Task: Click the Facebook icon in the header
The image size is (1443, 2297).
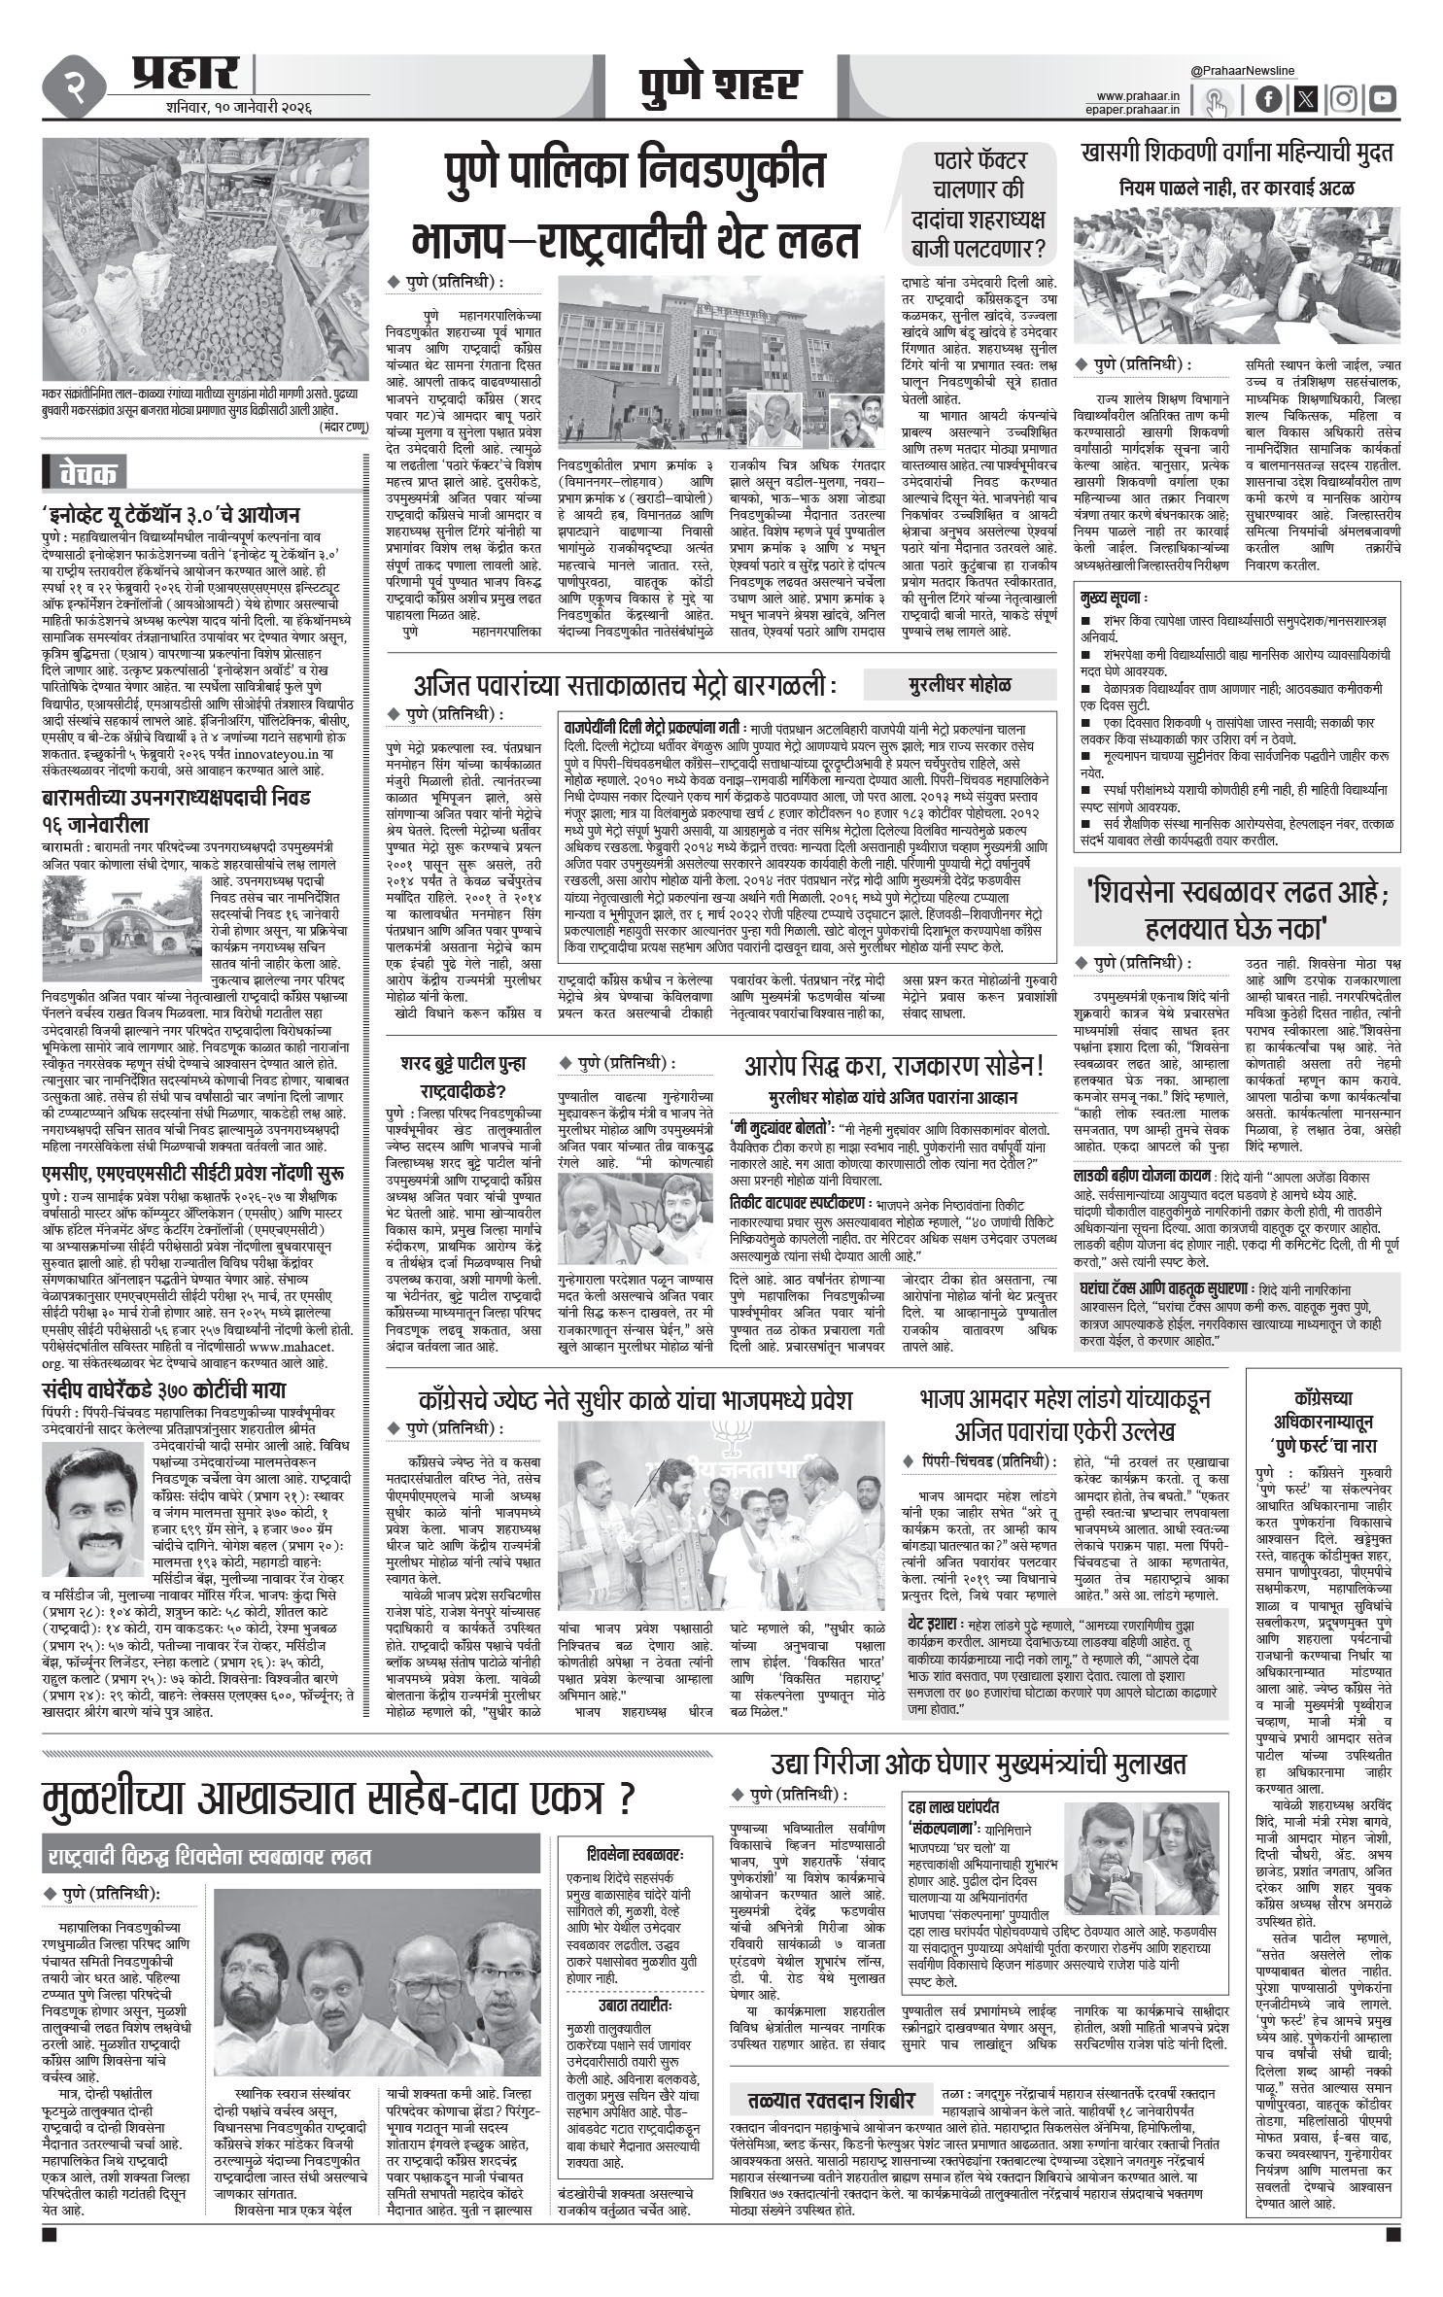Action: [x=1269, y=99]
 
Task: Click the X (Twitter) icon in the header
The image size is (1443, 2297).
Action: [x=1306, y=99]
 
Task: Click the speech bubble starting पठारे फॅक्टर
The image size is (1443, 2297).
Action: [x=981, y=205]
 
